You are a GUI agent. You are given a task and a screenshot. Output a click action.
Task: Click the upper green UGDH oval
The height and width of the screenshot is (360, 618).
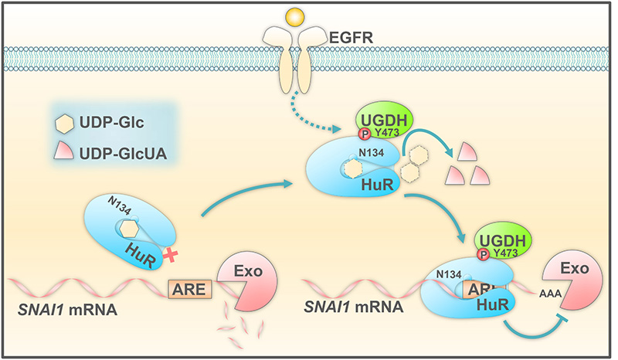pyautogui.click(x=384, y=123)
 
